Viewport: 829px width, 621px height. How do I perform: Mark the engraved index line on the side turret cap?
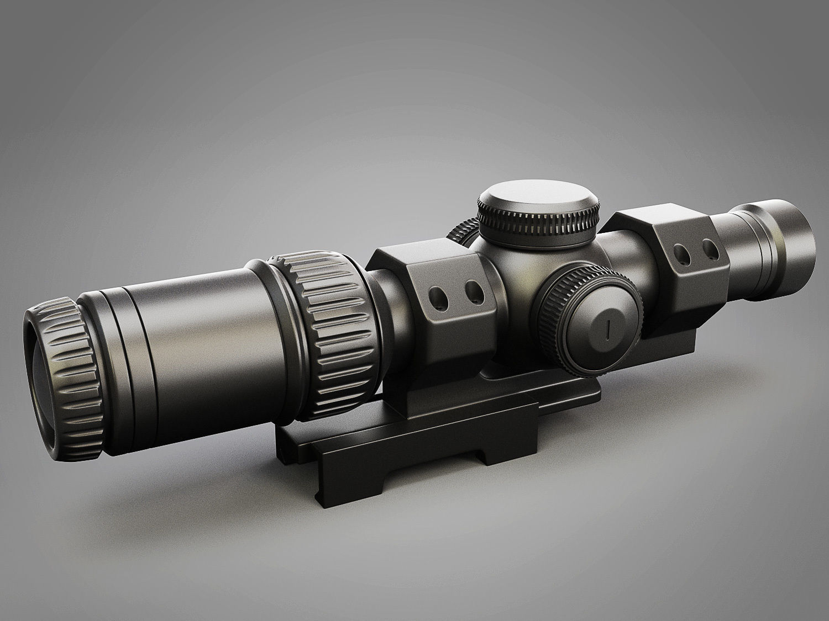click(607, 330)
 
